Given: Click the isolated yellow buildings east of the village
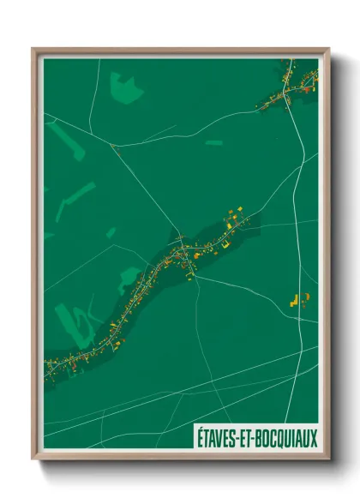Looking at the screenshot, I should pos(300,299).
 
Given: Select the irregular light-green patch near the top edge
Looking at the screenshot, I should pos(125,87).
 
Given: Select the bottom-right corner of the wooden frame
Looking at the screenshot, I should pos(327,460).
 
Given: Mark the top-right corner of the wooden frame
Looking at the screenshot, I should pos(327,49).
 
